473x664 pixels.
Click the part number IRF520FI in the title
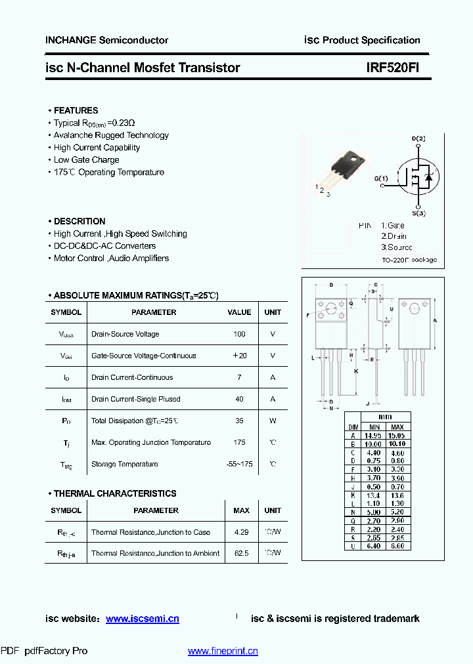[x=392, y=68]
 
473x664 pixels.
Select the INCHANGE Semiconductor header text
[x=106, y=40]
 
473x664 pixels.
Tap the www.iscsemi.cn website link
[x=142, y=619]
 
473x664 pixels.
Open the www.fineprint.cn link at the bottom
[x=223, y=651]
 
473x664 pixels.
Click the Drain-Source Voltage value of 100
[x=239, y=334]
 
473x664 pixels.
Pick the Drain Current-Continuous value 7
[x=239, y=377]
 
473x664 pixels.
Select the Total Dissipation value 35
[x=239, y=421]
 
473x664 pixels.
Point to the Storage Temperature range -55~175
[x=239, y=464]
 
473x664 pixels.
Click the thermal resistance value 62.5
[x=241, y=553]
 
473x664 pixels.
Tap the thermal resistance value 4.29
[x=241, y=532]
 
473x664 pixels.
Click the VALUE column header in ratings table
[x=239, y=312]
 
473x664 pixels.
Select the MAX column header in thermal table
[x=241, y=510]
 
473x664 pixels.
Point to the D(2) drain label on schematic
[x=418, y=138]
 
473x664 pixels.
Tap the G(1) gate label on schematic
[x=381, y=178]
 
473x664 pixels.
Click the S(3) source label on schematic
[x=418, y=213]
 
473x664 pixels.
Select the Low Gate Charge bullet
[x=86, y=159]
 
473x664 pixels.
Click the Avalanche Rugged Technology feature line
[x=111, y=135]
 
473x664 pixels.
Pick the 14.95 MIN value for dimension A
[x=373, y=435]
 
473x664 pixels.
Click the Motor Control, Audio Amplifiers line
[x=111, y=258]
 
